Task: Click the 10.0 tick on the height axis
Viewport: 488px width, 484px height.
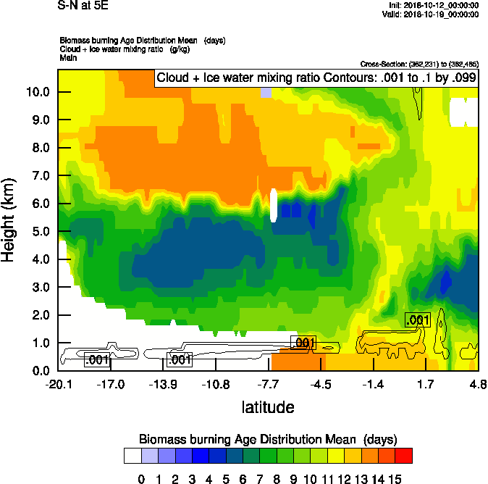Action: (x=37, y=92)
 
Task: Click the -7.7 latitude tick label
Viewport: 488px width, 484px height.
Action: (x=268, y=384)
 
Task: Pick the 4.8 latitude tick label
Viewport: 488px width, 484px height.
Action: (x=477, y=384)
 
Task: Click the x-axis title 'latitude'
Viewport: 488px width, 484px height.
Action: (x=268, y=407)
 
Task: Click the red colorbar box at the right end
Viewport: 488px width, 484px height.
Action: (x=404, y=455)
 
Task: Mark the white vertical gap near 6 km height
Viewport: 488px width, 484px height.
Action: (x=274, y=205)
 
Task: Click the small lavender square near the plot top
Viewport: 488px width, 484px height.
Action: (x=265, y=92)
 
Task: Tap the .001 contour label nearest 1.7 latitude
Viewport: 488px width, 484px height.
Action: (x=417, y=320)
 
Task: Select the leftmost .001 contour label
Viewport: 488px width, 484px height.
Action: (x=97, y=359)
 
